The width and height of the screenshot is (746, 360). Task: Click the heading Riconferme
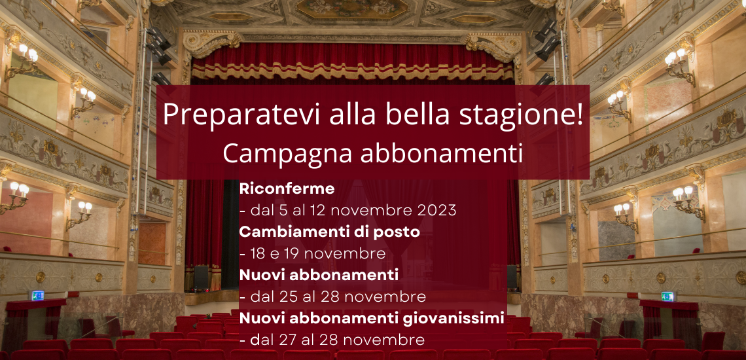(x=287, y=189)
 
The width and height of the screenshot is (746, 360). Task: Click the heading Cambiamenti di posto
(x=329, y=232)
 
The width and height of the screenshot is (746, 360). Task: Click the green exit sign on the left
(x=37, y=295)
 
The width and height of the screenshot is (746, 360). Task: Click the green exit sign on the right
(x=667, y=297)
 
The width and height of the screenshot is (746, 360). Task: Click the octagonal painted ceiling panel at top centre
(x=351, y=9)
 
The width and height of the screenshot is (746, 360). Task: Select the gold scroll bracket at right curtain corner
(x=495, y=45)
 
